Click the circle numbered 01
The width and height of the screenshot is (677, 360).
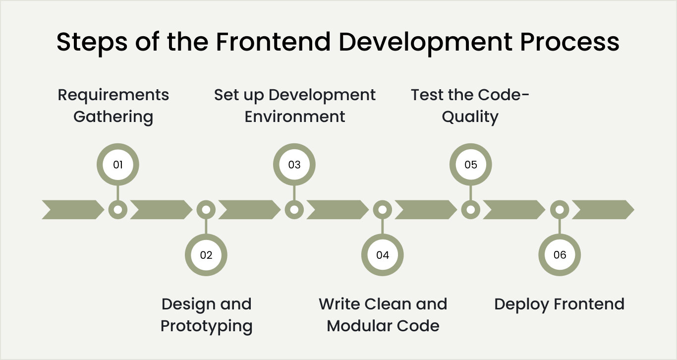(x=117, y=165)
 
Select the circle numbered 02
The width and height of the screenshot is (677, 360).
(x=206, y=255)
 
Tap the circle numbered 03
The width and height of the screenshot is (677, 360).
(x=294, y=165)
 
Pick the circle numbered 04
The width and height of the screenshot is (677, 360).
(x=382, y=255)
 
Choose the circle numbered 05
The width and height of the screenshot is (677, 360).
(x=470, y=165)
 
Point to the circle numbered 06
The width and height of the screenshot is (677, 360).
(x=559, y=255)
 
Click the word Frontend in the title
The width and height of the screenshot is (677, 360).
(x=273, y=42)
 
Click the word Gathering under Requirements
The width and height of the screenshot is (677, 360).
(x=113, y=117)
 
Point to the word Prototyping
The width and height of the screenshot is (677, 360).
(x=206, y=326)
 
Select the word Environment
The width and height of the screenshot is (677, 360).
(x=295, y=117)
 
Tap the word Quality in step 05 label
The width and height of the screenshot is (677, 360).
(x=470, y=117)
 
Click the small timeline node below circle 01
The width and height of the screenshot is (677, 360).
(x=117, y=210)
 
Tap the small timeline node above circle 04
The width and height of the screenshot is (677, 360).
(x=382, y=210)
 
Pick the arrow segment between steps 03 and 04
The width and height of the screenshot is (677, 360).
(x=338, y=210)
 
